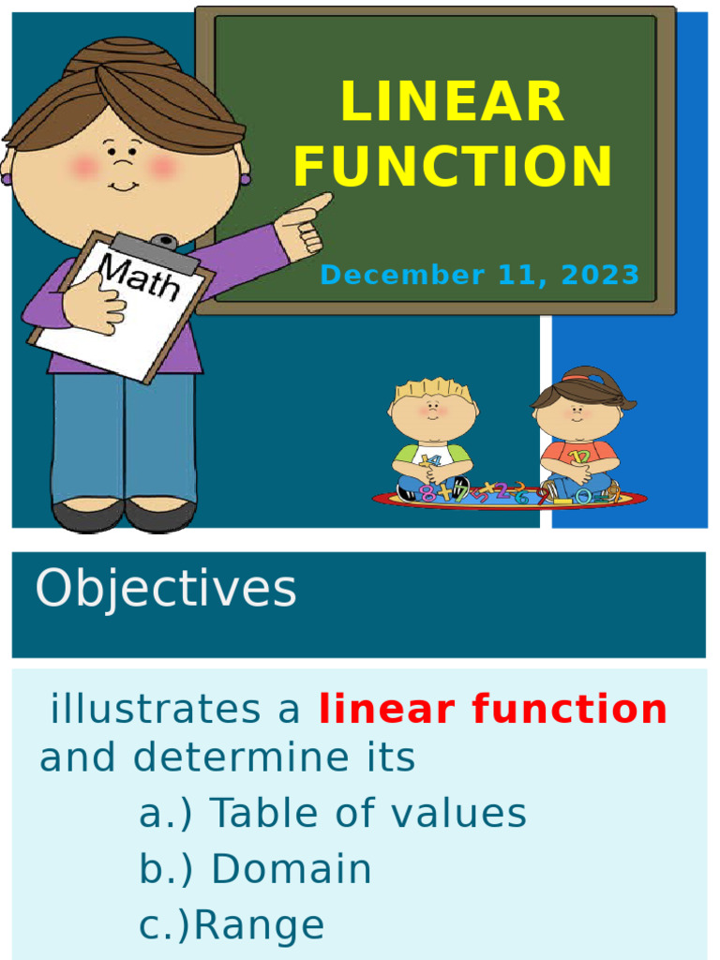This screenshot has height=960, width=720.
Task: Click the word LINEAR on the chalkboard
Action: coord(453,102)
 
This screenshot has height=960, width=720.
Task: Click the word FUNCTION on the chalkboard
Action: coord(453,167)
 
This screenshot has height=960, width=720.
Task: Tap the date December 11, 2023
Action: coord(479,276)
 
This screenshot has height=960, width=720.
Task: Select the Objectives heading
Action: coord(166,590)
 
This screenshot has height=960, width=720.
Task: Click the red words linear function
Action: coord(493,710)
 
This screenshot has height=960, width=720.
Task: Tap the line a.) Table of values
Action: coord(333,814)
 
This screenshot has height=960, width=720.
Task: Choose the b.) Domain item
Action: coord(255,870)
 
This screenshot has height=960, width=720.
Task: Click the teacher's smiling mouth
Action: coord(123,187)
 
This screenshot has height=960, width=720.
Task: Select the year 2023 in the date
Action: coord(601,276)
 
